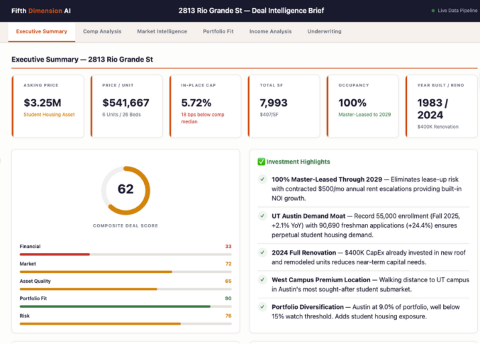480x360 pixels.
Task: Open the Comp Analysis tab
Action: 102,32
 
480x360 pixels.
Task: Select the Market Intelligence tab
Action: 162,32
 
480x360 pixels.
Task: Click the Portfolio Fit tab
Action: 218,32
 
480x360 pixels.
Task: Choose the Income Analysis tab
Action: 270,32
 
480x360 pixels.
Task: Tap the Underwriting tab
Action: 324,32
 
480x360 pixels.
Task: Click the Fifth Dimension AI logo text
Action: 41,11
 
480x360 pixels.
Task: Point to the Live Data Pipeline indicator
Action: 455,11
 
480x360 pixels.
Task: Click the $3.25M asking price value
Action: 42,103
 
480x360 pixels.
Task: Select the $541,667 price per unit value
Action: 125,103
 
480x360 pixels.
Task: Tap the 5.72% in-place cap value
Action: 196,103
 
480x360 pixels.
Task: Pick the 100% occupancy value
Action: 353,103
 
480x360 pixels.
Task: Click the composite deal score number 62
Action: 125,190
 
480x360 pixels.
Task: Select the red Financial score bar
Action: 54,255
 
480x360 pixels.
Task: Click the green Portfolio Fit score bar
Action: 115,306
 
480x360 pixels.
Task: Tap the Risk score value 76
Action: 227,316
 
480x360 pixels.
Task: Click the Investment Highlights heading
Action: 298,162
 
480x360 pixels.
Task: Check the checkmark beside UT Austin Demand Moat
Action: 262,216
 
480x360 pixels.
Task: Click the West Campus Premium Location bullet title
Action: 320,280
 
